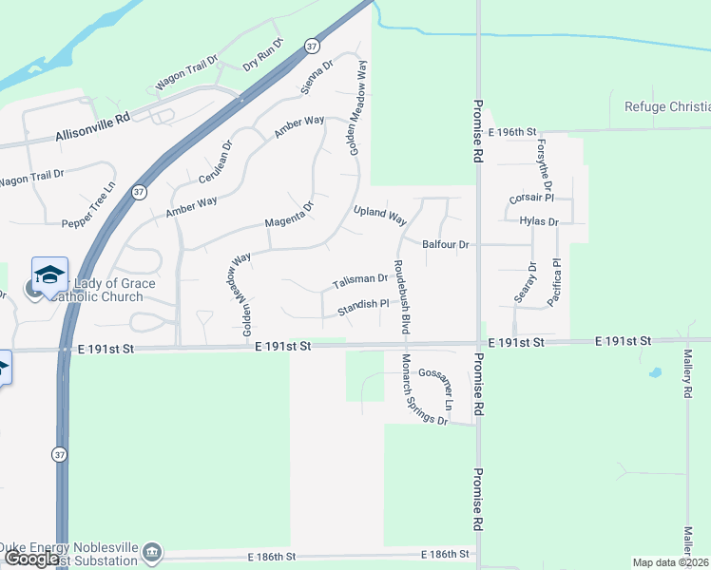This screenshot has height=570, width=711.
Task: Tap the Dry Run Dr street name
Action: [263, 54]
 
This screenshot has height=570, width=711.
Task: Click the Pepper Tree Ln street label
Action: [87, 203]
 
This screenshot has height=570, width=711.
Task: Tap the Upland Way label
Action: [380, 215]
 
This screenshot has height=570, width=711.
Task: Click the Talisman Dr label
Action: [359, 281]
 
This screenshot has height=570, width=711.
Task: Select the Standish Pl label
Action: [363, 306]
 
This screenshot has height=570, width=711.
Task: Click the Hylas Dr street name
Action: [539, 221]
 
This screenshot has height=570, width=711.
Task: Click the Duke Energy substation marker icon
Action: [153, 552]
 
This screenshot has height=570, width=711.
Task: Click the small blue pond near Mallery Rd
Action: [656, 372]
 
